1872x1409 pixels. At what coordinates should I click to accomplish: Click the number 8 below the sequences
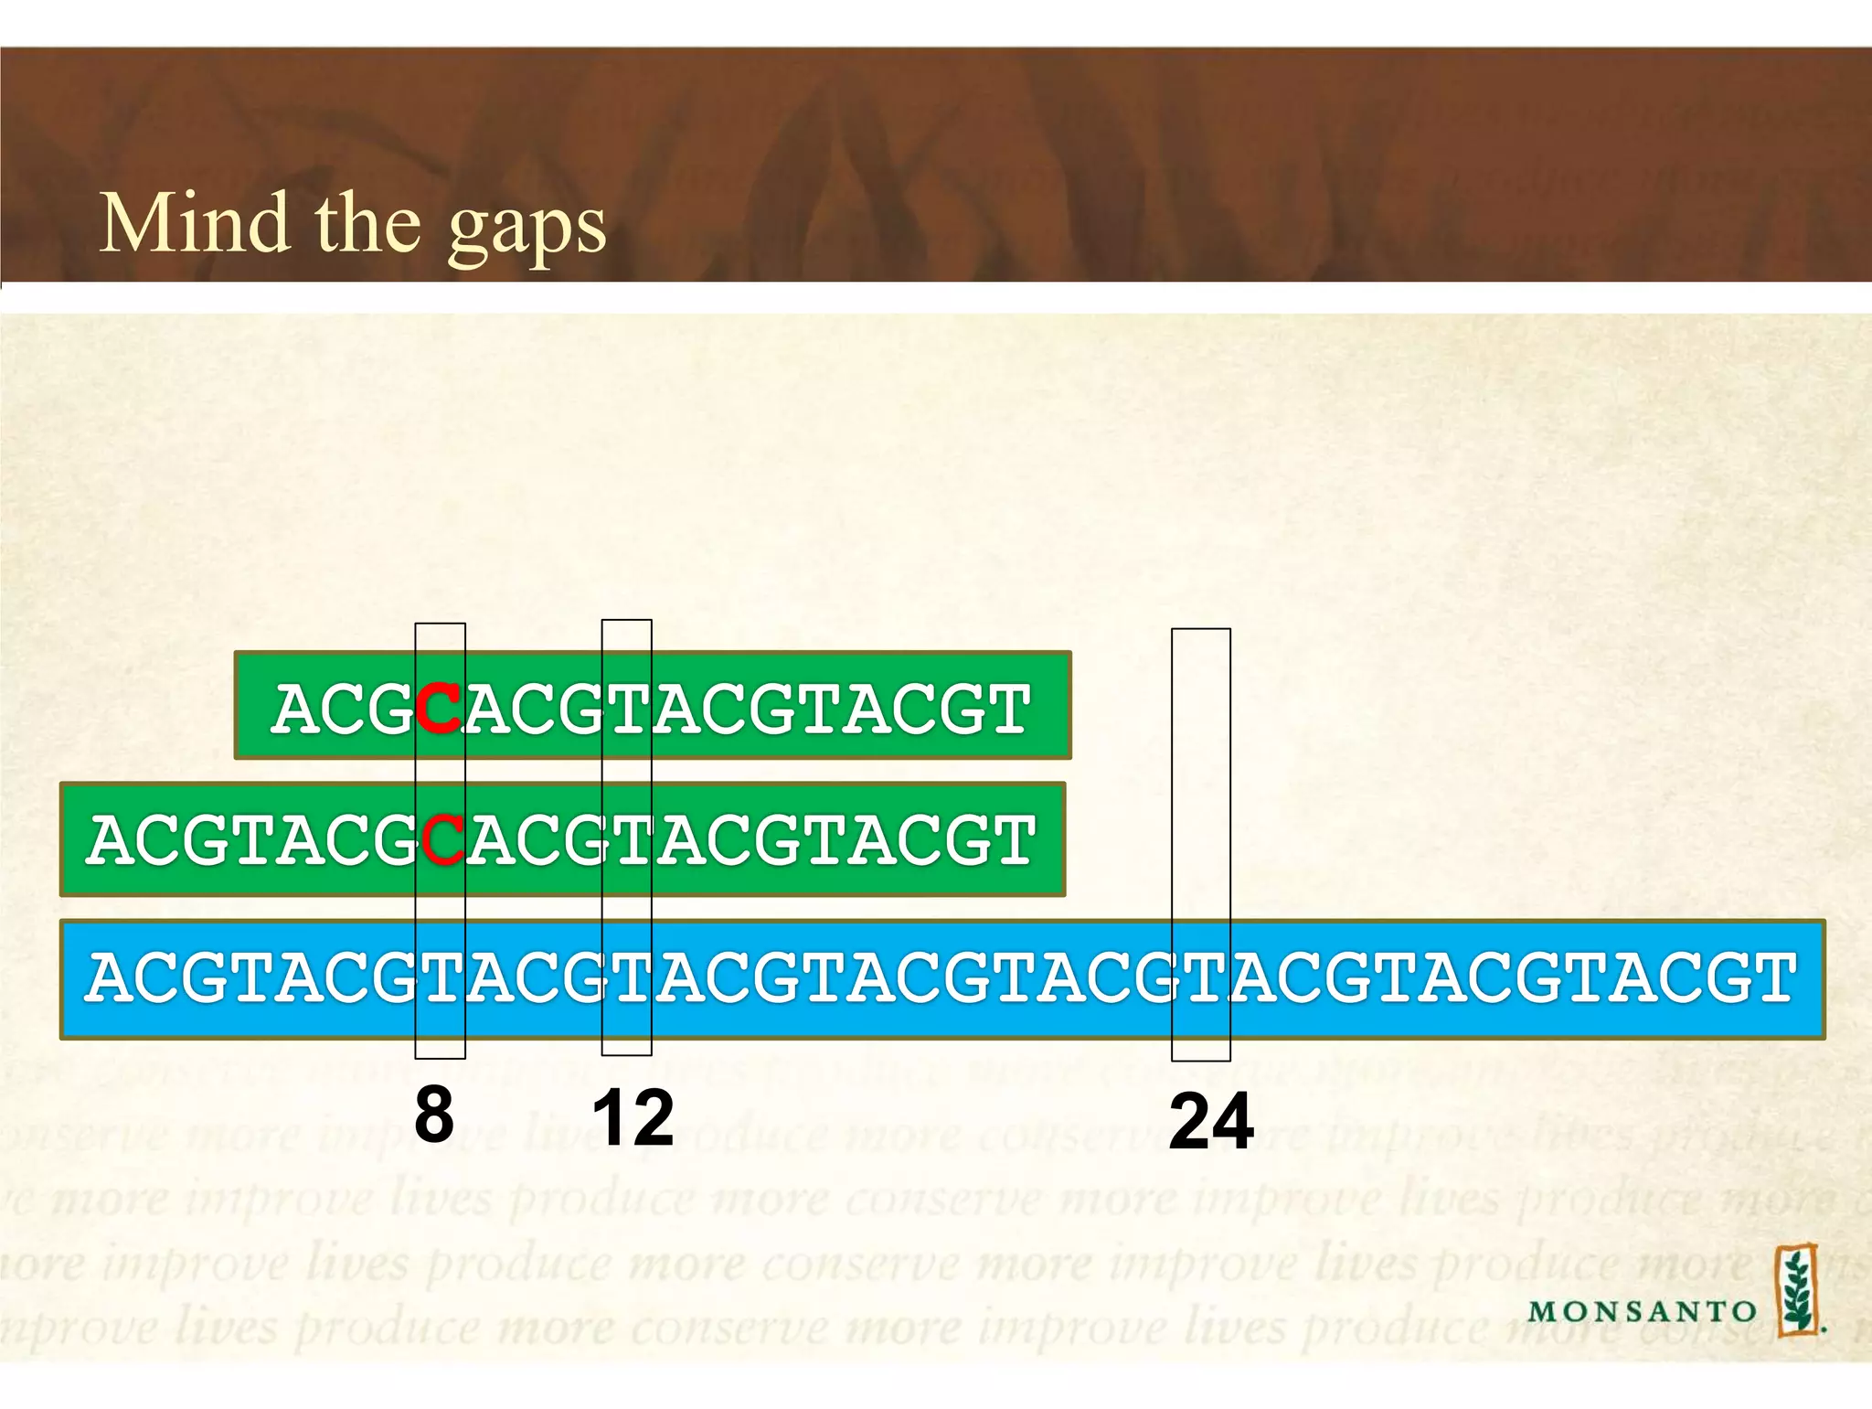[x=434, y=1115]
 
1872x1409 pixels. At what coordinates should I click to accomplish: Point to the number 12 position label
[x=633, y=1118]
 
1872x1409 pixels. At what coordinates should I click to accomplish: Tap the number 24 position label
[x=1211, y=1122]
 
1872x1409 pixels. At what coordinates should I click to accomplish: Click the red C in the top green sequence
[x=439, y=709]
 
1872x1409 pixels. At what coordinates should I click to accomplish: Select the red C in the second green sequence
[x=443, y=840]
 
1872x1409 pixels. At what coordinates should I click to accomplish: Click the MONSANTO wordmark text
[x=1643, y=1312]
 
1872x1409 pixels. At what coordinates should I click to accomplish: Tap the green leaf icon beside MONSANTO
[x=1797, y=1290]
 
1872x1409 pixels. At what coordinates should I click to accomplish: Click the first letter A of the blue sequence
[x=112, y=977]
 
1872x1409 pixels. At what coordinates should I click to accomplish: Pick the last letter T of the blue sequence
[x=1771, y=977]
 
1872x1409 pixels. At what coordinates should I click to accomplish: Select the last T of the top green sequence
[x=1007, y=709]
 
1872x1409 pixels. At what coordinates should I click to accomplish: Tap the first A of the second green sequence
[x=112, y=840]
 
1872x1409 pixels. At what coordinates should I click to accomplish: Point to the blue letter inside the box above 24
[x=1201, y=977]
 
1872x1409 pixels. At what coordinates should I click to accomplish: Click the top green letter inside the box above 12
[x=627, y=709]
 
